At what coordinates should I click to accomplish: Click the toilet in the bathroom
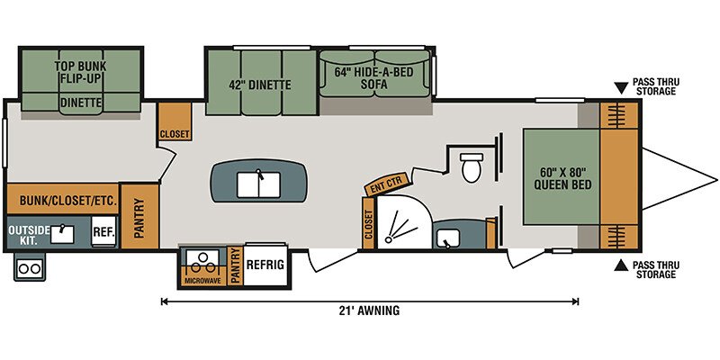coord(472,167)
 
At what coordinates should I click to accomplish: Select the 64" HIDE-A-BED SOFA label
coord(374,78)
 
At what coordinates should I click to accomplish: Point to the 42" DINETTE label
coord(260,85)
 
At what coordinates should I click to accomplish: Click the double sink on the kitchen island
coord(258,184)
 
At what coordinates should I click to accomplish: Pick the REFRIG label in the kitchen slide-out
coord(265,265)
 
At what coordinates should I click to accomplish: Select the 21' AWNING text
coord(370,310)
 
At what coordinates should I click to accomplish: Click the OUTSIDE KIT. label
coord(29,235)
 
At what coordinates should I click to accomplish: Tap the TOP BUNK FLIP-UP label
coord(80,72)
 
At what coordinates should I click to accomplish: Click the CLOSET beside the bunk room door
coord(175,121)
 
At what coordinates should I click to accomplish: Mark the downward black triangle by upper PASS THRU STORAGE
coord(621,88)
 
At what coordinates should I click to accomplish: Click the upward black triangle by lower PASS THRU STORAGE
coord(621,265)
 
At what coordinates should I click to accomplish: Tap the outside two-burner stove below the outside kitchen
coord(30,267)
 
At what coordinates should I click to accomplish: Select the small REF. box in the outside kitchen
coord(103,232)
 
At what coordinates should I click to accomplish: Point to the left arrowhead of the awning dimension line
coord(164,301)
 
